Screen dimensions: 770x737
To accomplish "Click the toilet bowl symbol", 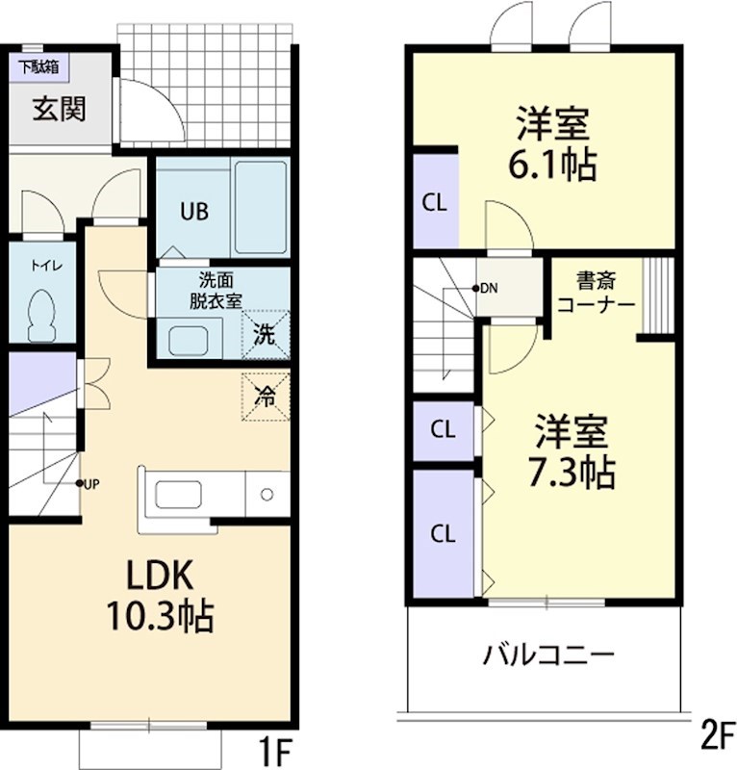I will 43,315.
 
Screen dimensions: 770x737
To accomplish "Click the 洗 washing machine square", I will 265,335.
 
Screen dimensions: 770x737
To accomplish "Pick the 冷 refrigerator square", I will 265,395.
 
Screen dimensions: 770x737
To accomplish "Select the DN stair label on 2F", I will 488,288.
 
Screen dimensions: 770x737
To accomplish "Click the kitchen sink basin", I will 179,495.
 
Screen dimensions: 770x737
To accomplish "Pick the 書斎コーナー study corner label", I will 597,293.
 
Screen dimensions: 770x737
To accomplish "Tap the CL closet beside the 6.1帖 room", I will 435,203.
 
